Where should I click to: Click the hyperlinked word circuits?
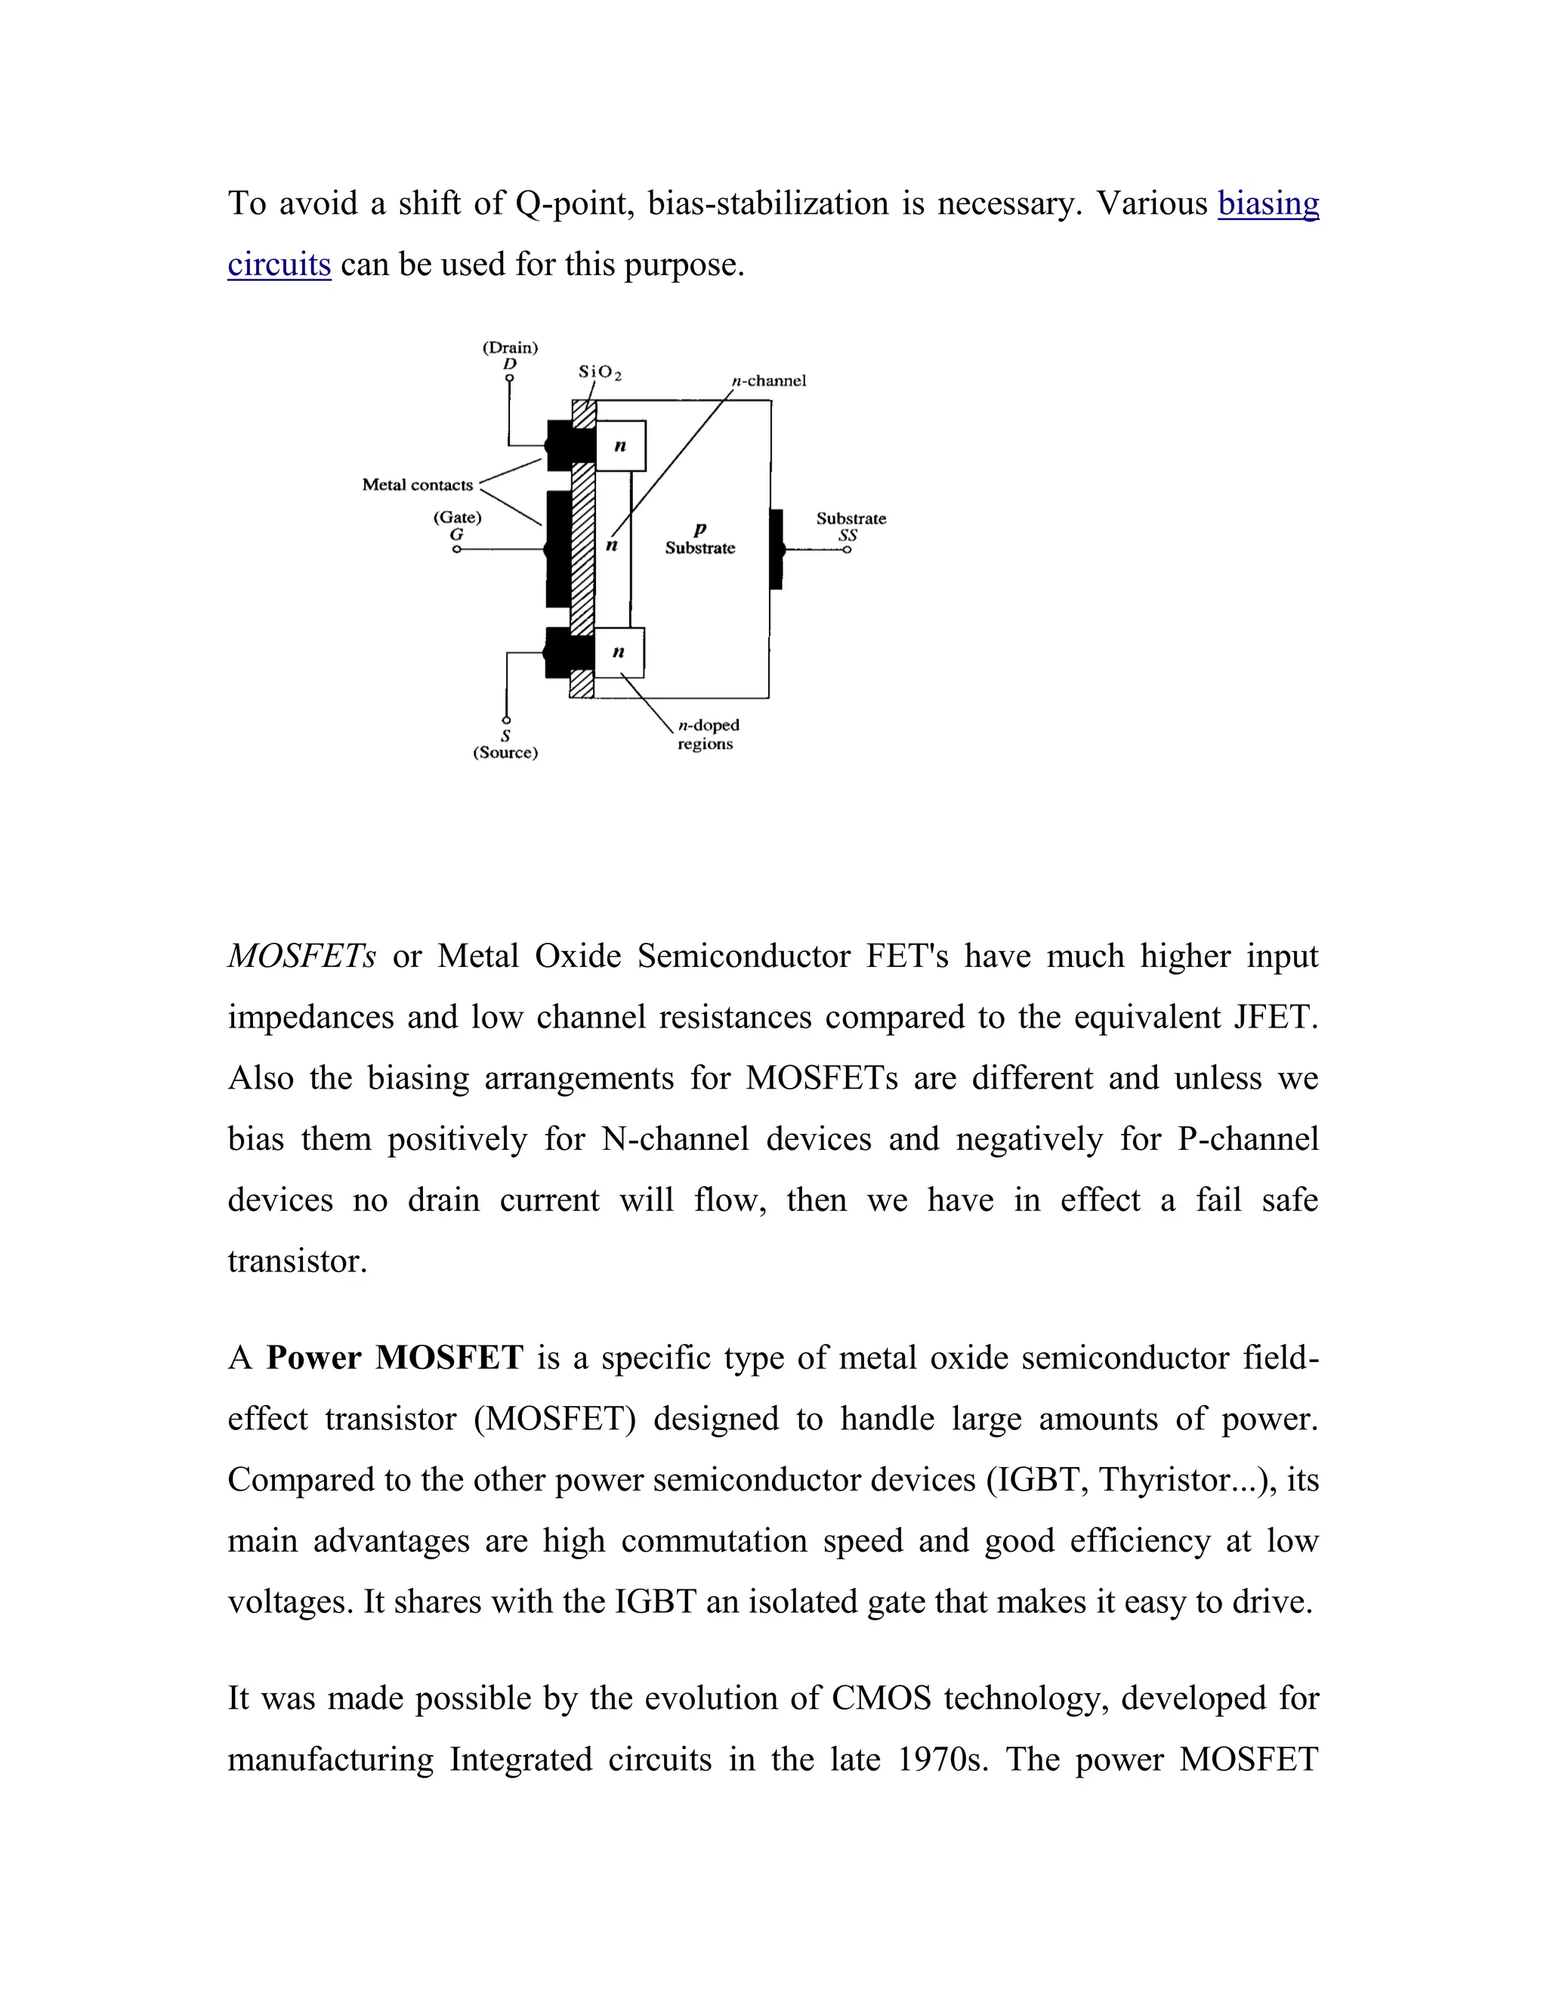[x=279, y=265]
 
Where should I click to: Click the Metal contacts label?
[x=417, y=485]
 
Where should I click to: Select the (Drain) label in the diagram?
[x=510, y=348]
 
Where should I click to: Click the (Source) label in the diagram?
[x=505, y=752]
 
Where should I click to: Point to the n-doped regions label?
[x=708, y=734]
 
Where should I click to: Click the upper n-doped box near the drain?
[x=620, y=446]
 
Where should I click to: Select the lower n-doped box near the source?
[x=619, y=652]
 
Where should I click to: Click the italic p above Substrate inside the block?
[x=700, y=529]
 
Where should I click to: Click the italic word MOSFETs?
[x=301, y=957]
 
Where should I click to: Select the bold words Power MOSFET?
[x=394, y=1358]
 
